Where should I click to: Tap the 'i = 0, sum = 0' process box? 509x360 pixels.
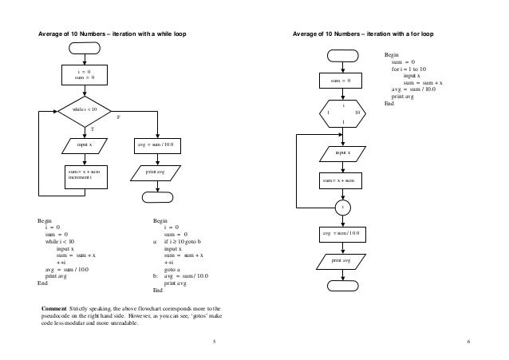pyautogui.click(x=83, y=74)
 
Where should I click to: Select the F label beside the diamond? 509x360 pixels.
pyautogui.click(x=119, y=117)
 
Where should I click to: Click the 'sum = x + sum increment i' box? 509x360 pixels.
pyautogui.click(x=83, y=175)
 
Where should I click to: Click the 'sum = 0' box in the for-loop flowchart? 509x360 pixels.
pyautogui.click(x=343, y=80)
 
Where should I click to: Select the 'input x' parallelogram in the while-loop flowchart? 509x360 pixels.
pyautogui.click(x=83, y=145)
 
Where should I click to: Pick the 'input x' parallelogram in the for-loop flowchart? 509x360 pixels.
pyautogui.click(x=343, y=152)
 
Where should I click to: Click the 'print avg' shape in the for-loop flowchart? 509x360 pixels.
pyautogui.click(x=343, y=260)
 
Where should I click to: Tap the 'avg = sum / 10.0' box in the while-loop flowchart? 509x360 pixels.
pyautogui.click(x=159, y=145)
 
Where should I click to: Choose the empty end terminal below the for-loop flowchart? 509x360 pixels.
pyautogui.click(x=343, y=285)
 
